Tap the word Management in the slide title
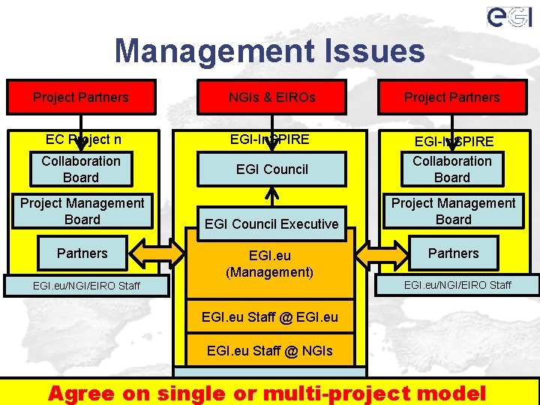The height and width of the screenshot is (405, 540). coord(213,52)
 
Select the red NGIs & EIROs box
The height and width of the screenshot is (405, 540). coord(271,97)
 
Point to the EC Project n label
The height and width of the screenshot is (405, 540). coord(83,139)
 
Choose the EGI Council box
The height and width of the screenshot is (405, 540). coord(271,169)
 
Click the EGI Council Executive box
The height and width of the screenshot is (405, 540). coord(271,223)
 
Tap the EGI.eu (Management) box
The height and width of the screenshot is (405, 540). coord(271,263)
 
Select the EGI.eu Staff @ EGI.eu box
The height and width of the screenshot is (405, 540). coord(270,316)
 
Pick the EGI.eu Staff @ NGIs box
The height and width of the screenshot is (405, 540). coord(270,350)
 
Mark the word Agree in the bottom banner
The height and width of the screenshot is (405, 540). coord(82,392)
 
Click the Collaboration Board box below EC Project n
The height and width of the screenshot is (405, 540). coord(81,169)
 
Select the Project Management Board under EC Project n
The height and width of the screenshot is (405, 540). coord(82,211)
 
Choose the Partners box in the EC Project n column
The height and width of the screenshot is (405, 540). coord(82,253)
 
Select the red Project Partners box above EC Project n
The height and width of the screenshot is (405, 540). coord(81,97)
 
